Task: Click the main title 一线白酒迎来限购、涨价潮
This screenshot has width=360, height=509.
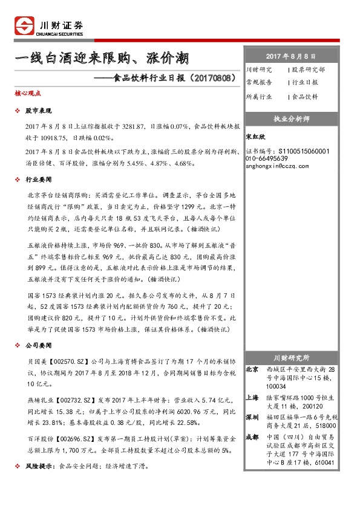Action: point(101,59)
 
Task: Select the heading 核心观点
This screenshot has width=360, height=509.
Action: point(28,94)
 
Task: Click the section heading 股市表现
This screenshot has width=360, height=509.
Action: point(38,111)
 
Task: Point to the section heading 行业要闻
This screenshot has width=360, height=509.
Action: point(38,180)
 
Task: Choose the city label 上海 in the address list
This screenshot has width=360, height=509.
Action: point(252,398)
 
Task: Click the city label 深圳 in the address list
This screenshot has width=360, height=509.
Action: point(252,417)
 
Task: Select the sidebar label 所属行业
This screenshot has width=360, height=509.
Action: point(259,96)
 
